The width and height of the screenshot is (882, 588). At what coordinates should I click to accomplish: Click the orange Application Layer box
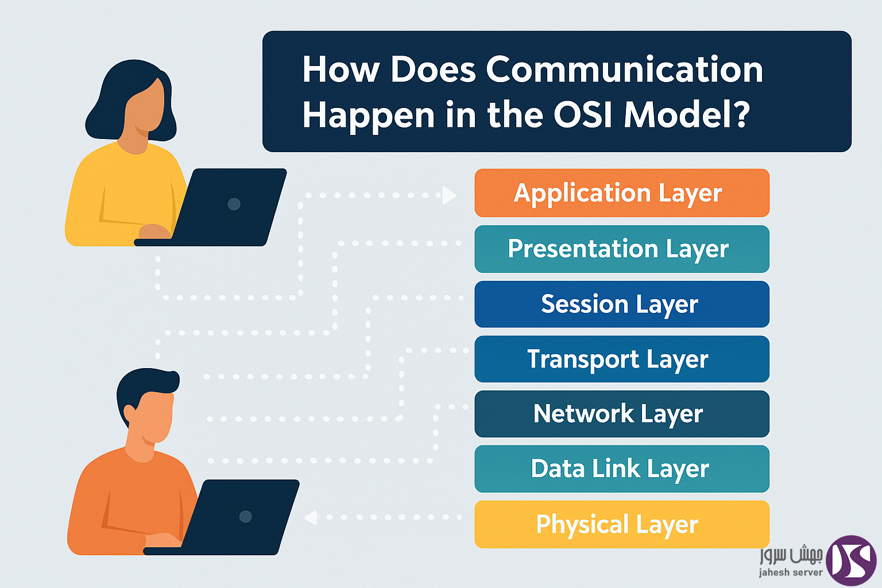622,193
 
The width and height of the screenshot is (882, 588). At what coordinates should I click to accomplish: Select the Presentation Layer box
622,249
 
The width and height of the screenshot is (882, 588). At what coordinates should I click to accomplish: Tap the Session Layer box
622,304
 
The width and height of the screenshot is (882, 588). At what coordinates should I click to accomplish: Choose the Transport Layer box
622,359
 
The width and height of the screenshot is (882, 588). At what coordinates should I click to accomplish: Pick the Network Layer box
622,414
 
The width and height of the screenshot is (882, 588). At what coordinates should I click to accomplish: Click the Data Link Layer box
622,469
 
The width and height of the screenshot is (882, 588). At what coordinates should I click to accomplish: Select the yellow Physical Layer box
622,524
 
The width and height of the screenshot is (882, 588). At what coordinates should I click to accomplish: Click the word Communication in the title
625,69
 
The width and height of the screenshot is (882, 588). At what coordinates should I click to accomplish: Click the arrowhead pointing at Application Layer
449,195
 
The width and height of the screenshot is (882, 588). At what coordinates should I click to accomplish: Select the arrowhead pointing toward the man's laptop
311,517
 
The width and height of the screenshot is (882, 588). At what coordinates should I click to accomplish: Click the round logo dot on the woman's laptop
234,204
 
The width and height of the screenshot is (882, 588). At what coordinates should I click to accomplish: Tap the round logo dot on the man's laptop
245,516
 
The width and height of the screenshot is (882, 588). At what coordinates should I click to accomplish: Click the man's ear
130,414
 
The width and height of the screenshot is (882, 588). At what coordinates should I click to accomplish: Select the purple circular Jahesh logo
851,560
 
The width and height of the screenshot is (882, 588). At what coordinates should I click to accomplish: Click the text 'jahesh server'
791,572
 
